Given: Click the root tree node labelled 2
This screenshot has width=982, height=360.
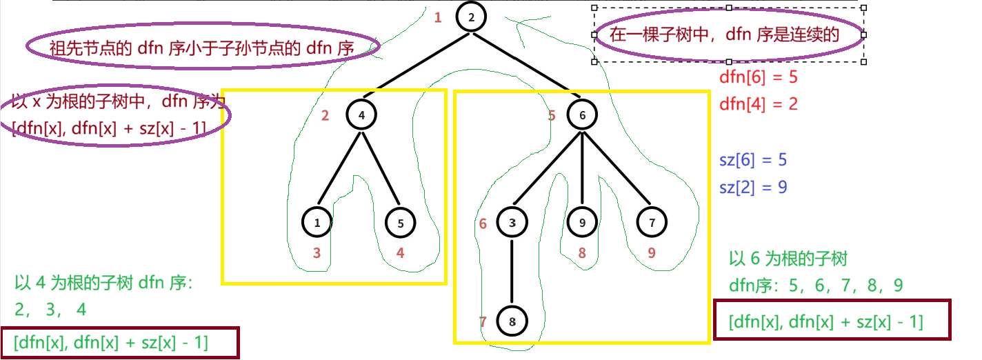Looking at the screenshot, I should (472, 17).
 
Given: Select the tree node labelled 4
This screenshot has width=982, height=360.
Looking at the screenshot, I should (362, 114).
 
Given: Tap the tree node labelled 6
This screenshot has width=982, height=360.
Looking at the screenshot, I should (583, 114).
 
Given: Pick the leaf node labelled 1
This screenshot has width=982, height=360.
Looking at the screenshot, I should (317, 222).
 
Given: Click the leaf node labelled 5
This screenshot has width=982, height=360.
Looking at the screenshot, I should (400, 222).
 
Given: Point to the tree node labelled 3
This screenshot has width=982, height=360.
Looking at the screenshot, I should (511, 222).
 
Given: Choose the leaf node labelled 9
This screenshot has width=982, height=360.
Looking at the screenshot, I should (583, 222).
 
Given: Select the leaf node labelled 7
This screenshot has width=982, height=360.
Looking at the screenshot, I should (652, 222).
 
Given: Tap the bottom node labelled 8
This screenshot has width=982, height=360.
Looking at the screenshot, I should (511, 321).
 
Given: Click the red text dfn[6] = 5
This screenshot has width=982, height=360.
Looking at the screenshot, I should (758, 77).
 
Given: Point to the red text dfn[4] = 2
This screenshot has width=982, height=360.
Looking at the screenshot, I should (758, 104).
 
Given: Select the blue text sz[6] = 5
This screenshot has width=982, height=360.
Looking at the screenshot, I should (753, 160).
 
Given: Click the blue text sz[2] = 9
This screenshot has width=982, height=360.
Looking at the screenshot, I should (753, 187).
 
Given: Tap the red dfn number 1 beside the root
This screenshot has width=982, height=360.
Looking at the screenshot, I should (437, 18).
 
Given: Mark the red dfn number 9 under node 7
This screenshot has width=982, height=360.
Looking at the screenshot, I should (652, 253).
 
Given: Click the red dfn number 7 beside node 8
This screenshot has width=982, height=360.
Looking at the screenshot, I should (483, 321).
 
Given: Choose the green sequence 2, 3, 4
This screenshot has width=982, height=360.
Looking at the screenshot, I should (50, 310).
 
